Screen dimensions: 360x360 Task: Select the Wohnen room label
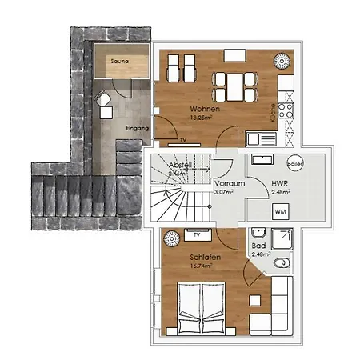tap(205, 109)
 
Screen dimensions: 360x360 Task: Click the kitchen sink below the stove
tap(258, 137)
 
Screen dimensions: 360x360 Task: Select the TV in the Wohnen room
tap(183, 142)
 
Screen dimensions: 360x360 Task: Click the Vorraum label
tap(230, 183)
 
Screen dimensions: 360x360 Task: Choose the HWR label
tap(278, 183)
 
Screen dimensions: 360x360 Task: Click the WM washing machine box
tap(280, 210)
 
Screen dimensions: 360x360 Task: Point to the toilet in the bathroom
tap(280, 263)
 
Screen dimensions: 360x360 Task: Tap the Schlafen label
tap(205, 258)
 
